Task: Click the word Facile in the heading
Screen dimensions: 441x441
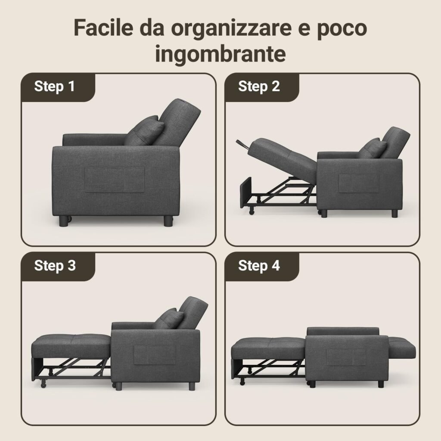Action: tap(103, 27)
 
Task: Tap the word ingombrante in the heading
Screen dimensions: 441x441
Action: tap(220, 53)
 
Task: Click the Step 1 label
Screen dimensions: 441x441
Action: tap(55, 86)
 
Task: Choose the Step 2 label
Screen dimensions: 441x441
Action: tap(259, 86)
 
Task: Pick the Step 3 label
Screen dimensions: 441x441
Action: tap(55, 265)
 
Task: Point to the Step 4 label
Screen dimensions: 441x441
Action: tap(259, 265)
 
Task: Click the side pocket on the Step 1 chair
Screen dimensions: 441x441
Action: tap(115, 180)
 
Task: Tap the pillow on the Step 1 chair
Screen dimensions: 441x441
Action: tap(145, 131)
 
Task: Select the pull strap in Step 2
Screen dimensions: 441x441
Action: tap(243, 144)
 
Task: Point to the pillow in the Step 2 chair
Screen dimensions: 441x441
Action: tap(373, 148)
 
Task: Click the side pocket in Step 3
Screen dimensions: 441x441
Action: tap(155, 355)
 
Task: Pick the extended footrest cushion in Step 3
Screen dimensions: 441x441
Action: tap(71, 346)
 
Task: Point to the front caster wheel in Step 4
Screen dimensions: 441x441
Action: tap(242, 382)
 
